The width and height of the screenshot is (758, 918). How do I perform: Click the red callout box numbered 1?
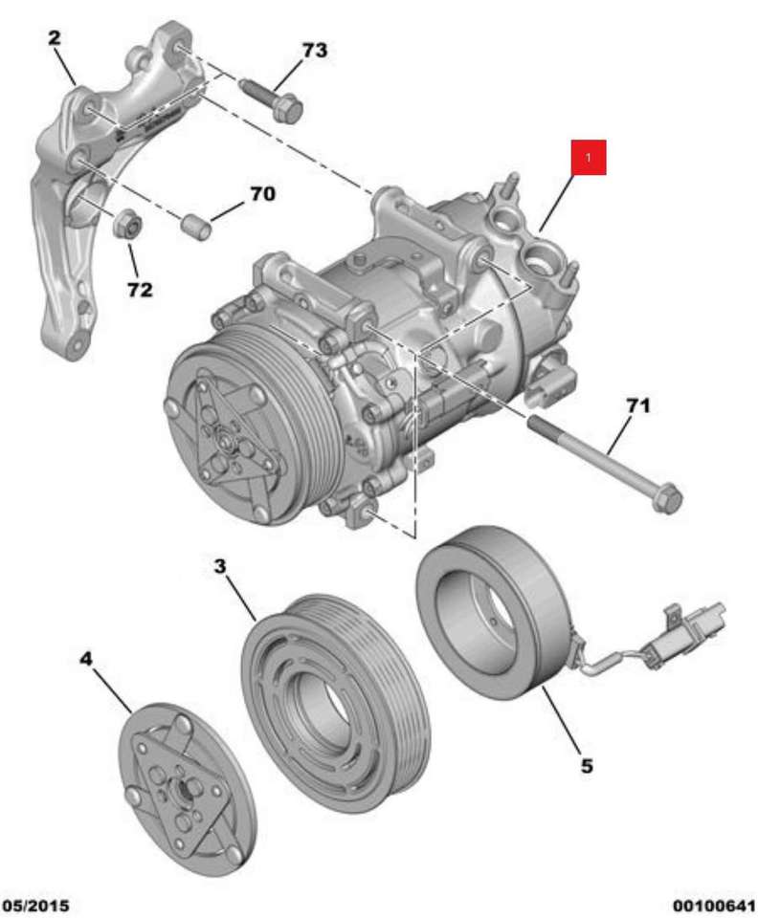[x=589, y=157]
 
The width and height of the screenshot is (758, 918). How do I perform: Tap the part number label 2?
[x=54, y=38]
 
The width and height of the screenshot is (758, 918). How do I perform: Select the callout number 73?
[x=314, y=51]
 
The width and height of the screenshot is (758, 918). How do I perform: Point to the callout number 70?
[x=262, y=194]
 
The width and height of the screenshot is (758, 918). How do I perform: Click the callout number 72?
[x=140, y=289]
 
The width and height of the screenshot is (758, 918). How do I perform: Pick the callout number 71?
[x=637, y=405]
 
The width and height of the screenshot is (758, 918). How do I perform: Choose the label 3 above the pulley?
[x=220, y=567]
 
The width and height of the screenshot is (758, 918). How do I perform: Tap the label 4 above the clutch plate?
[x=86, y=659]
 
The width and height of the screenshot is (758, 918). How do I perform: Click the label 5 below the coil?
[x=587, y=765]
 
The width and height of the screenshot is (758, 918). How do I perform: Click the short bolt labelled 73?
[x=271, y=99]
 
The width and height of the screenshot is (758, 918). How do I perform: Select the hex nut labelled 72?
[x=126, y=224]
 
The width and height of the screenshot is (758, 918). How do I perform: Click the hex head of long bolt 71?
[x=667, y=499]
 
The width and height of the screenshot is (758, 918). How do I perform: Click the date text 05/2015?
[x=35, y=906]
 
